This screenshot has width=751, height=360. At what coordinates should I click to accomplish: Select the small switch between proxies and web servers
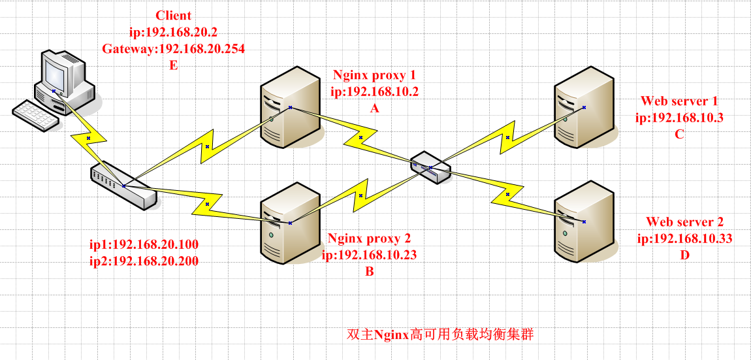click(431, 168)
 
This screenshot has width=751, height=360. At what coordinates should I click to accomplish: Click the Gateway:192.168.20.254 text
click(173, 48)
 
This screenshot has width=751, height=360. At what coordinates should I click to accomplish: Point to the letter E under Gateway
click(173, 65)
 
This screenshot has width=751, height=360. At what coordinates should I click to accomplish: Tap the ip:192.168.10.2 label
click(374, 91)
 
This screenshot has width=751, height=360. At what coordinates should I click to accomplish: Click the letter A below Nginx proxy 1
click(374, 108)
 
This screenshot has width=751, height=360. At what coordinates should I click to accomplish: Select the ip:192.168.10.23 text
click(369, 255)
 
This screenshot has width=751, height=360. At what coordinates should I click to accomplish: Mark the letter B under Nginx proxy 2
click(370, 272)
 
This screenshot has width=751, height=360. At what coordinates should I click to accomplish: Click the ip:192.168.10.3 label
click(680, 118)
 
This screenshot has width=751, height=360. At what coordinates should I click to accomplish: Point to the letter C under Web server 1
click(680, 135)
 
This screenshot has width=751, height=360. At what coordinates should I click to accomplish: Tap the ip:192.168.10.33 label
click(684, 238)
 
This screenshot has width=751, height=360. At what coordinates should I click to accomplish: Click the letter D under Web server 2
click(684, 255)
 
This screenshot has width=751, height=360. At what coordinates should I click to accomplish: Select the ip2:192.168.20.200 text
click(144, 261)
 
